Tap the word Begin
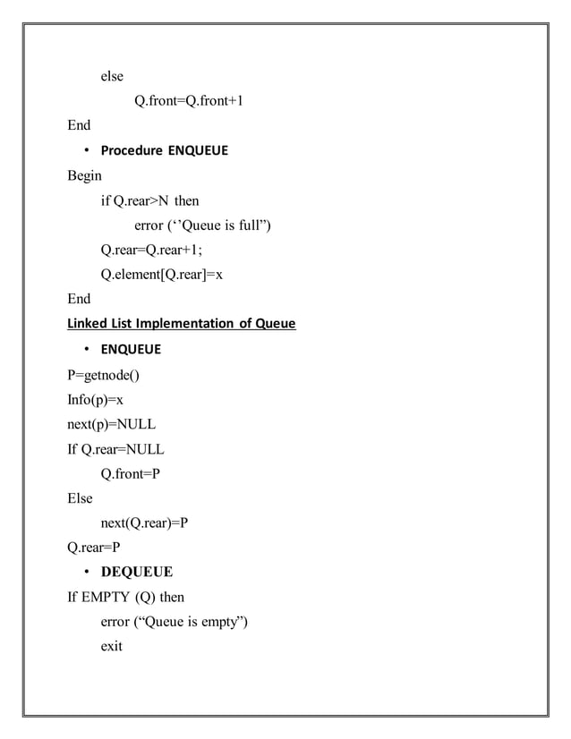(85, 175)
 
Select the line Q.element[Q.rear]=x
(162, 275)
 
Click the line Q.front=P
(132, 474)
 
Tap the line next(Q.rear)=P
(144, 523)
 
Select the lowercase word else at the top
(112, 76)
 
